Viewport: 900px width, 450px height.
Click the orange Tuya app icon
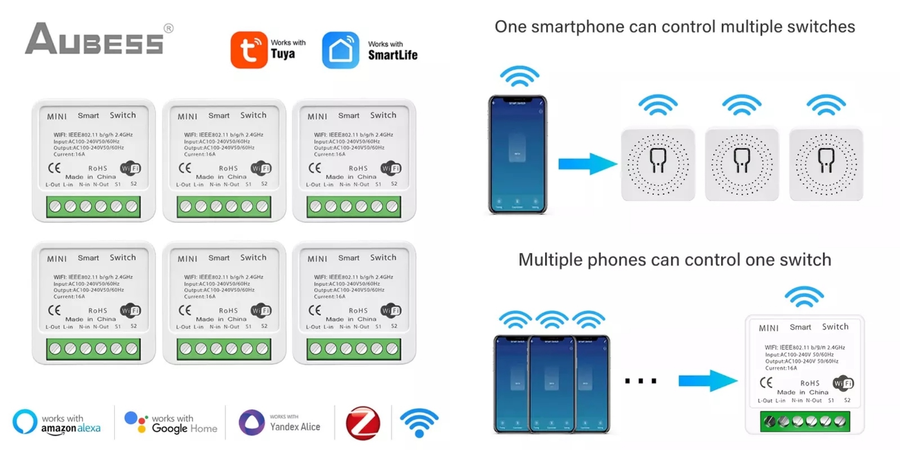(249, 50)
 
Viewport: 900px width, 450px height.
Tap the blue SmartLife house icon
(340, 50)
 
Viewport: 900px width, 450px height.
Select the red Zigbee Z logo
(363, 423)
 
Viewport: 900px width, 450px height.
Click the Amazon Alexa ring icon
(25, 422)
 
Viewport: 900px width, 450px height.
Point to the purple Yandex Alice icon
(251, 422)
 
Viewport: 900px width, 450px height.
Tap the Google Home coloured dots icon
(136, 422)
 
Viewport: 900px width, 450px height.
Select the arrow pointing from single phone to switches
(587, 163)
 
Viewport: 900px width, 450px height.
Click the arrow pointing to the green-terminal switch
(707, 380)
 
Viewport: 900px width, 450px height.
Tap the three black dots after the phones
(641, 381)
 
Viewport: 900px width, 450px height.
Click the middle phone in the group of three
(552, 383)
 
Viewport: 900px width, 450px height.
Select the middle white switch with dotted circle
(742, 164)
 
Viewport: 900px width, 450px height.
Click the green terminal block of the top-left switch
(93, 207)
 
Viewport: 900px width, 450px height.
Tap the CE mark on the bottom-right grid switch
(315, 310)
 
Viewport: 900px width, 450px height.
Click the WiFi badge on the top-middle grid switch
(261, 168)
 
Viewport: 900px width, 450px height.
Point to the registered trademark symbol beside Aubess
(168, 28)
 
